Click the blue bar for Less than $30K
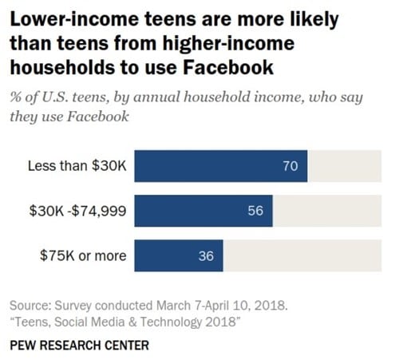coord(220,166)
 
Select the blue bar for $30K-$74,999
coord(203,211)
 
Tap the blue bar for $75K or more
coord(178,256)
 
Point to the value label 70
coord(290,166)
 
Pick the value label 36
coord(206,256)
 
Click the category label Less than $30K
coord(78,166)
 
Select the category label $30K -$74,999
coord(77,211)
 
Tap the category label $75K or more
coord(85,256)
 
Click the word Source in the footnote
coord(30,306)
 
